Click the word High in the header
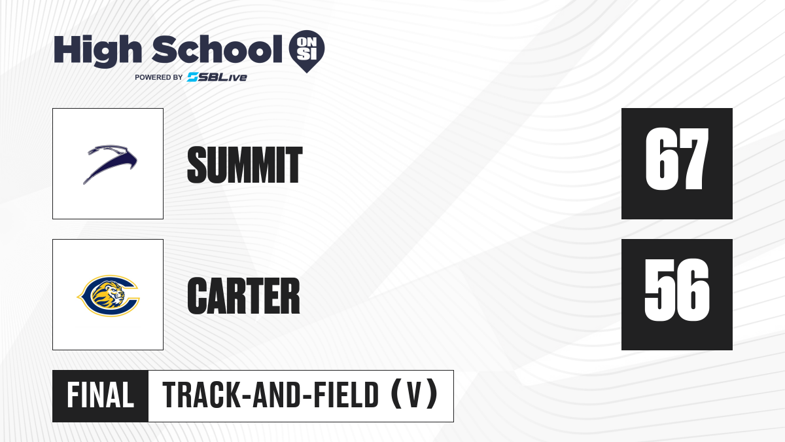point(97,50)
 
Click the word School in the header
point(217,49)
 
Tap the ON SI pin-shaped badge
point(307,51)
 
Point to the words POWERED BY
point(159,77)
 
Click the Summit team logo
point(110,164)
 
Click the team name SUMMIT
point(245,165)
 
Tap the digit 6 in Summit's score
point(660,159)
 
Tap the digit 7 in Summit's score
point(693,159)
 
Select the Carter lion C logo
point(109,296)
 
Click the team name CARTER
point(243,296)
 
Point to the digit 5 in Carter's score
point(659,289)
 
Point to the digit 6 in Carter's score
point(693,289)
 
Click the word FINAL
point(100,396)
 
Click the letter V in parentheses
point(414,396)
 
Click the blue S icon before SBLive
point(192,77)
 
